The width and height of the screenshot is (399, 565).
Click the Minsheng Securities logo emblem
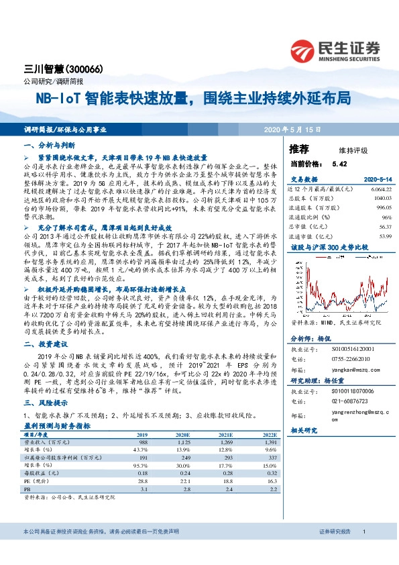click(x=306, y=51)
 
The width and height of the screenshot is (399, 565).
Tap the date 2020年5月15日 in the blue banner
click(x=293, y=129)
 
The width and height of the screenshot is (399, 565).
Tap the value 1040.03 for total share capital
click(x=382, y=199)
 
